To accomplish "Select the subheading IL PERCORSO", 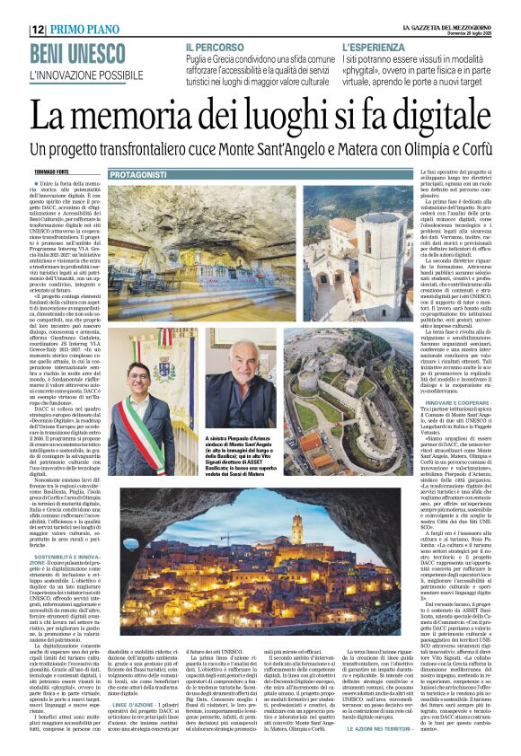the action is (x=213, y=45).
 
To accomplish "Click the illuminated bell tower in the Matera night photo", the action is (x=296, y=529).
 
